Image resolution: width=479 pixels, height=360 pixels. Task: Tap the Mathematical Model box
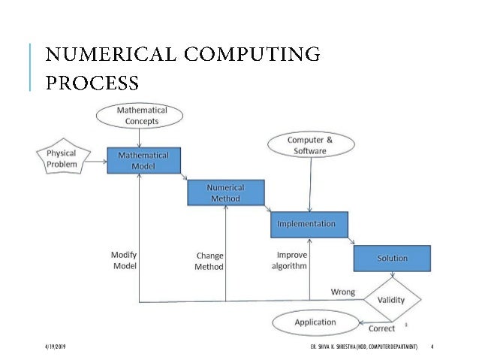pos(143,160)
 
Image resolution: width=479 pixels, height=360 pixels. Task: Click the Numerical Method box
pos(225,192)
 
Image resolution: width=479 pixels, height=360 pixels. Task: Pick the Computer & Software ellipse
pos(310,145)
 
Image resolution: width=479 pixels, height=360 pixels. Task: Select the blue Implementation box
pos(312,224)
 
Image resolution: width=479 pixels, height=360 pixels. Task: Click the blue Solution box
pos(392,258)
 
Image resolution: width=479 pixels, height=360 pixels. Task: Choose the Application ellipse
pos(315,322)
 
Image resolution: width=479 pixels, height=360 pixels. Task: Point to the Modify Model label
pos(124,260)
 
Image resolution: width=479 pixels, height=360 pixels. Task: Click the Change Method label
pos(209,261)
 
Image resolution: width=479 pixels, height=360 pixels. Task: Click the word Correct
pos(382,328)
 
